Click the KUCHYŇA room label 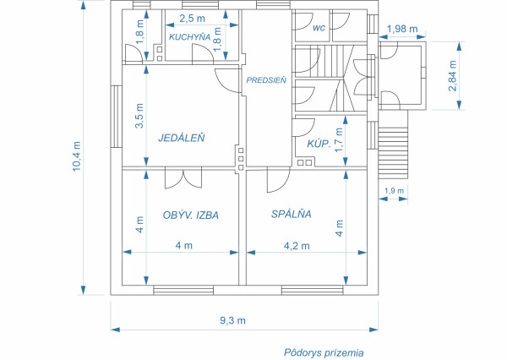click(189, 37)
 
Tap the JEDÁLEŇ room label click(182, 137)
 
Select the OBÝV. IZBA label click(191, 215)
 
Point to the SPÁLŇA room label click(292, 215)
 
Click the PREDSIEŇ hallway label click(267, 79)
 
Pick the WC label click(319, 28)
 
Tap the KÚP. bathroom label click(318, 144)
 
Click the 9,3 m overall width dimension click(232, 320)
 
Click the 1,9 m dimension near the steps click(394, 191)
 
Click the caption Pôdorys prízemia click(324, 350)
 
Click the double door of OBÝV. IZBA click(183, 178)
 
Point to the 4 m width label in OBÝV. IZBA click(183, 246)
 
